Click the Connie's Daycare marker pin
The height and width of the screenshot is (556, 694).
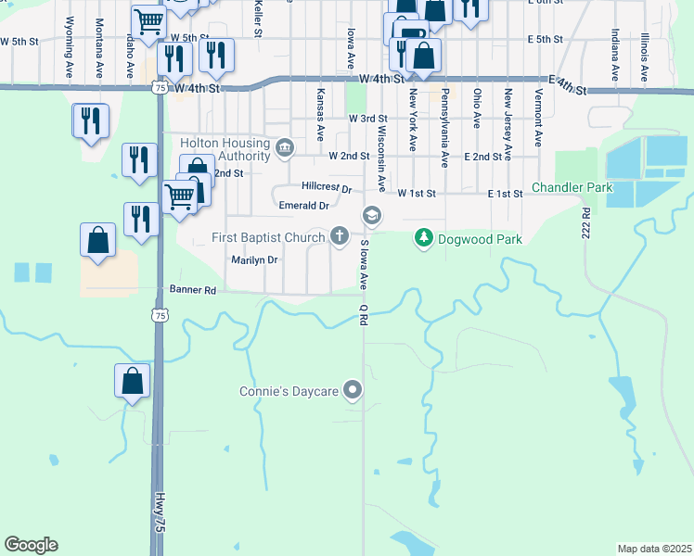(x=353, y=391)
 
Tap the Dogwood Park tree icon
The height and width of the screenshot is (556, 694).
(x=424, y=239)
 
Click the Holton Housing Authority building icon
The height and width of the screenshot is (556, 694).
(x=285, y=145)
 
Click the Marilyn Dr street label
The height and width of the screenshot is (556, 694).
(x=254, y=260)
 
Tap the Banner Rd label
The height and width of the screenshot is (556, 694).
(x=192, y=290)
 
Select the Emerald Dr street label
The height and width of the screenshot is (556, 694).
(x=304, y=206)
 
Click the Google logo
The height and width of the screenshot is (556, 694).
(x=31, y=545)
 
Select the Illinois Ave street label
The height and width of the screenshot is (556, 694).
(x=644, y=54)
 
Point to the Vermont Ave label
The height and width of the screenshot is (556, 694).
(x=538, y=117)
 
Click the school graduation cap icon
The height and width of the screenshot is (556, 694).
(x=372, y=215)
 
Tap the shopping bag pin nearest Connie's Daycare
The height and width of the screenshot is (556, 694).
(x=132, y=381)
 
